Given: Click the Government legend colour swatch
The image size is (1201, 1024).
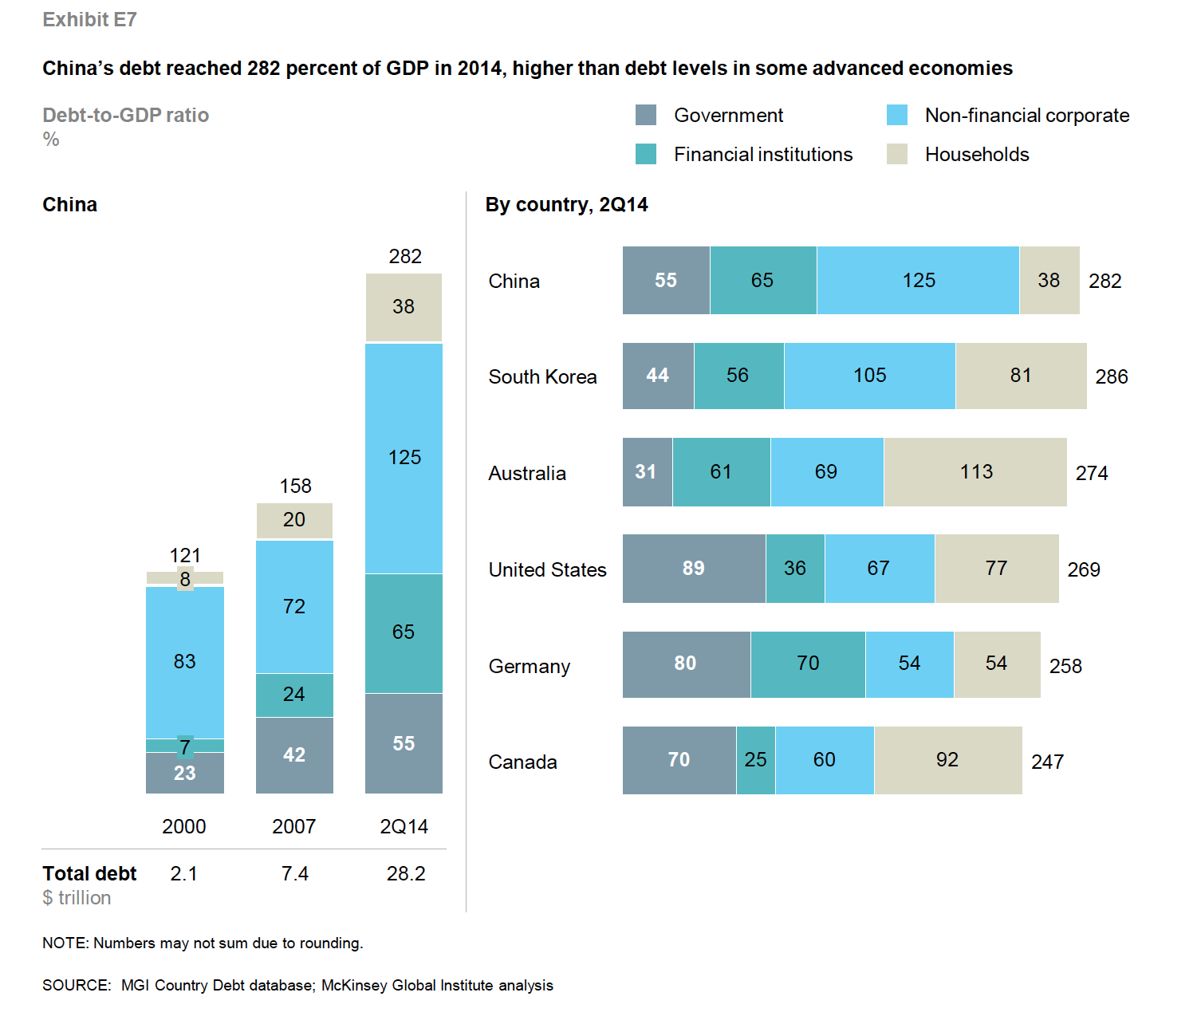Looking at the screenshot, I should (646, 115).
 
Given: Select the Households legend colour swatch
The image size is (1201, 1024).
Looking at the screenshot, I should (897, 154).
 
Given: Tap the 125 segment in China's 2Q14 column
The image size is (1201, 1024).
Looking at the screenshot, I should (404, 458).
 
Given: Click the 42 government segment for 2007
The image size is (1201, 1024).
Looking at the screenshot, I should (294, 754).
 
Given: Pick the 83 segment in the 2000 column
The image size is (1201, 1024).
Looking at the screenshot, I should (184, 661).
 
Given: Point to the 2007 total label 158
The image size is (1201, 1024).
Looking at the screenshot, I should (295, 486).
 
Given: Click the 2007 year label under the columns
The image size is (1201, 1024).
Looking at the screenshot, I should (294, 826).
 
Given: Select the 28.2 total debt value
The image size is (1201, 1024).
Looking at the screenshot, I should (406, 873).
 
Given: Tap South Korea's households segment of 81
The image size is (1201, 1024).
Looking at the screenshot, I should (1021, 376).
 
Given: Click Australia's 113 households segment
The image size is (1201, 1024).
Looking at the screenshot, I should (975, 472).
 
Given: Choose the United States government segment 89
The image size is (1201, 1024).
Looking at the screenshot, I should (693, 569).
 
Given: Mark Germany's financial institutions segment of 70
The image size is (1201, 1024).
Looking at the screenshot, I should (808, 664).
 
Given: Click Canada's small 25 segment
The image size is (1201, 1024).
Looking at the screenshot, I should (755, 760).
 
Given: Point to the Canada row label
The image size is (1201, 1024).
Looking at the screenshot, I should (522, 762).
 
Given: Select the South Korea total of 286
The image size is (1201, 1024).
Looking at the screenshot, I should (1112, 376).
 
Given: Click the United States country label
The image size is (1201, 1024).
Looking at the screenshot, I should (547, 569).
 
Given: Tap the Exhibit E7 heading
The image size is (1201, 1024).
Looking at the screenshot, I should (89, 20).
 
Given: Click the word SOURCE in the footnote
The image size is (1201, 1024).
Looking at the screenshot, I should (76, 985).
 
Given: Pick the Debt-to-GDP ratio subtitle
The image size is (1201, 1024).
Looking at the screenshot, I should (125, 116).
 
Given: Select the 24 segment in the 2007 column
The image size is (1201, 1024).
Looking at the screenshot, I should (294, 695).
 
